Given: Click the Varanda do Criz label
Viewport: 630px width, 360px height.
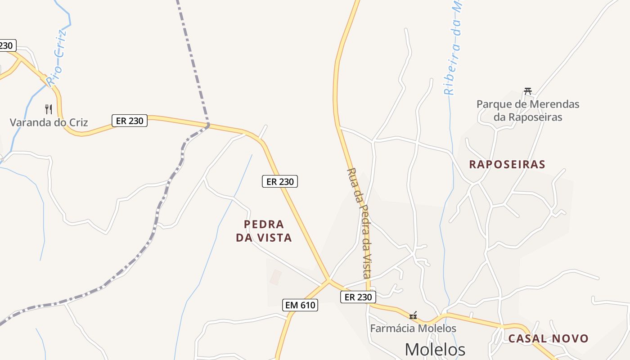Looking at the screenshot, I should pyautogui.click(x=49, y=122).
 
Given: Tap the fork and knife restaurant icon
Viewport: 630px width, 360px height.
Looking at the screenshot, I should pyautogui.click(x=49, y=109).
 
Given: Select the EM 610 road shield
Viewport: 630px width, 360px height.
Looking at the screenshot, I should pyautogui.click(x=301, y=305).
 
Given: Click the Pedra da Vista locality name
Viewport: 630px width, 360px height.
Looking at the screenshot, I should pyautogui.click(x=264, y=231).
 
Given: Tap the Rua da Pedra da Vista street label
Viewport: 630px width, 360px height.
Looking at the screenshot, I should pyautogui.click(x=360, y=223).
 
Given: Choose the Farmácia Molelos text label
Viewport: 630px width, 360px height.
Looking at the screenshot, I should pyautogui.click(x=413, y=328).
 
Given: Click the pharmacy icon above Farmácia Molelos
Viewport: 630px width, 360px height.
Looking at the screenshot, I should pyautogui.click(x=413, y=315).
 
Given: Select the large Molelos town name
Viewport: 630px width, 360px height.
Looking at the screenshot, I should pyautogui.click(x=435, y=349).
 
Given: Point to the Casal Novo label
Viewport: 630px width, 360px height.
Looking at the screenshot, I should pyautogui.click(x=548, y=338).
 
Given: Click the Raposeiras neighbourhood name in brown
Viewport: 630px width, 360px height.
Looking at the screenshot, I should pyautogui.click(x=507, y=164).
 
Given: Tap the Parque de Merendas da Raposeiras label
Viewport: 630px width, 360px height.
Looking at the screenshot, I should pyautogui.click(x=528, y=111).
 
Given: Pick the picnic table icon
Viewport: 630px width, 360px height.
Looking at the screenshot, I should pyautogui.click(x=528, y=91).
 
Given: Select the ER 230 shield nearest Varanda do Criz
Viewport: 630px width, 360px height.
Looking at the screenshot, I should pyautogui.click(x=130, y=121).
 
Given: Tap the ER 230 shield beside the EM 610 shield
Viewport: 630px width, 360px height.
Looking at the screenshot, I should pyautogui.click(x=358, y=297).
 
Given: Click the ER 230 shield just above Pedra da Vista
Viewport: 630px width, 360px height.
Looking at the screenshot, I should pyautogui.click(x=280, y=182).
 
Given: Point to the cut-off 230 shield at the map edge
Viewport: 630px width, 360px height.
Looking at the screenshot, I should pyautogui.click(x=6, y=45).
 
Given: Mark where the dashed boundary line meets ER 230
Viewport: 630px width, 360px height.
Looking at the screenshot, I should pyautogui.click(x=208, y=125).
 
